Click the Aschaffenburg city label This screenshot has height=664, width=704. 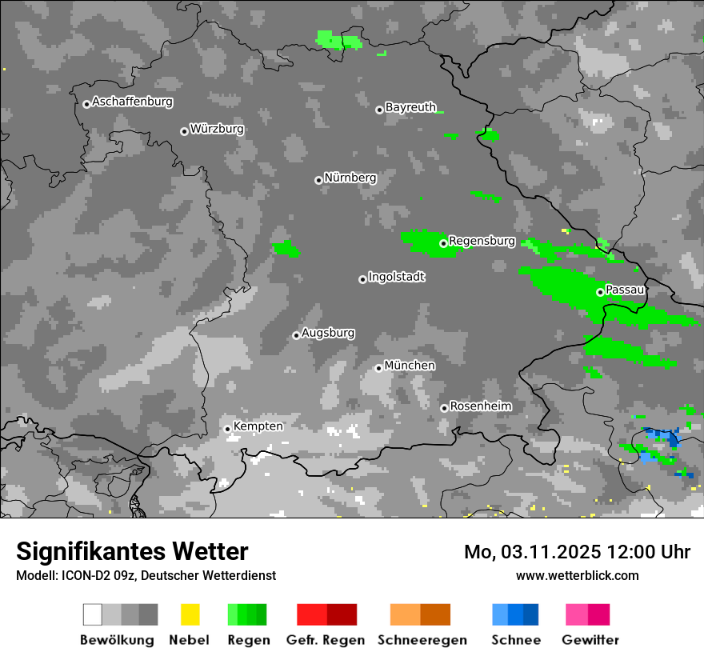coord(132,102)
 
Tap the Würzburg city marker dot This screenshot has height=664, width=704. coord(184,131)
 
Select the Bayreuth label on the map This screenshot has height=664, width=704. coord(410,106)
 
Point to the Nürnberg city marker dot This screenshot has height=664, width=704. coord(318,180)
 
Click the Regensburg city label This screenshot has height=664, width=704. coord(482,241)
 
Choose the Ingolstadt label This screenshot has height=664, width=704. coord(396,277)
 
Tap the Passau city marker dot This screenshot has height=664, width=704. coord(600,292)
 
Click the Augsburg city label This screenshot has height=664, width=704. coord(328,333)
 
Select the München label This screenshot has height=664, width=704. coord(410,366)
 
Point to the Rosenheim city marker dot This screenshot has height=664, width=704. coord(444,408)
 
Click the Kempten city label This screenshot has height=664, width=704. coord(258,426)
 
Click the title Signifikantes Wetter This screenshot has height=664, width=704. coord(132,551)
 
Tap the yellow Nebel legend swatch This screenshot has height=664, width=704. coord(190,614)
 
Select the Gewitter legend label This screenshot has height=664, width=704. coord(590,640)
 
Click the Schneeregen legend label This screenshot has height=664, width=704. coord(422,640)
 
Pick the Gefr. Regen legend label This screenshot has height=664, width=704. coord(325,640)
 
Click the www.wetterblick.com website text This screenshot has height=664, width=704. coord(577,575)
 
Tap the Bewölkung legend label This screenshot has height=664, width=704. coord(117,640)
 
